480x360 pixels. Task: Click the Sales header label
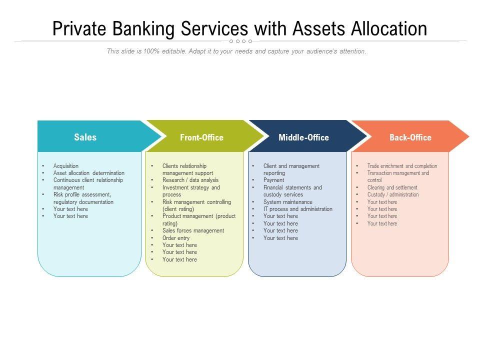[x=85, y=137]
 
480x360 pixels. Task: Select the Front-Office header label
[x=201, y=137]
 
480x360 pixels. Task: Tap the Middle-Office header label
[x=303, y=137]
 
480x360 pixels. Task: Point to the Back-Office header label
[x=410, y=137]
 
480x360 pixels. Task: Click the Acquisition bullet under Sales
[x=66, y=166]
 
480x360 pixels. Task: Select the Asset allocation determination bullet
[x=89, y=173]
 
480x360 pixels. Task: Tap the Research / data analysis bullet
[x=190, y=180]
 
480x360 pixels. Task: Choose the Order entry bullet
[x=176, y=238]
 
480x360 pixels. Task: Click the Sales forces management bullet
[x=193, y=230]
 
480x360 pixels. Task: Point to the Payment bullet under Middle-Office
[x=273, y=180]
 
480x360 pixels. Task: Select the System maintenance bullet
[x=287, y=202]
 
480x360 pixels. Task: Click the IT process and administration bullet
[x=297, y=209]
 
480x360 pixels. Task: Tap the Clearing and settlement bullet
[x=392, y=187]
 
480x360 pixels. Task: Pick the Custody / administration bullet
[x=393, y=194]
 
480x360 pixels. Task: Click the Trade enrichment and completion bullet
[x=402, y=166]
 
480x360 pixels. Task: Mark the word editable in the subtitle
[x=171, y=51]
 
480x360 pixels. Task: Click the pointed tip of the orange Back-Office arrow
[x=468, y=136]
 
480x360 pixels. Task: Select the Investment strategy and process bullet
[x=191, y=191]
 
